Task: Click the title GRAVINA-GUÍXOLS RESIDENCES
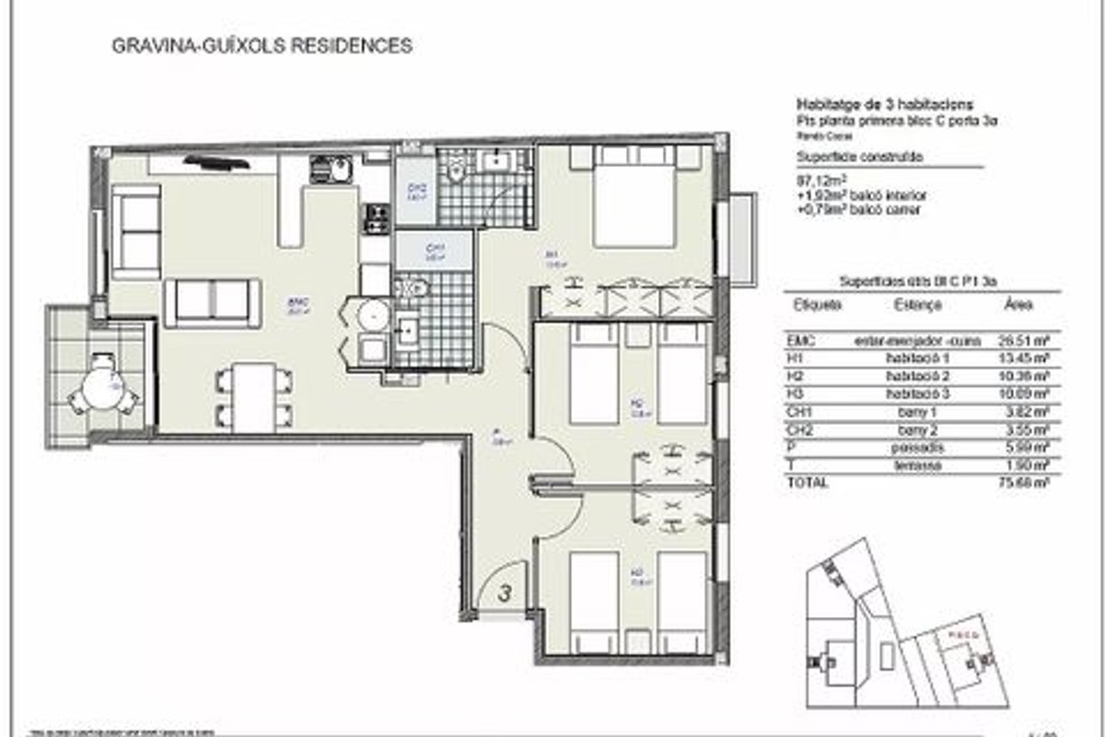(x=261, y=45)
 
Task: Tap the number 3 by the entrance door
(x=504, y=594)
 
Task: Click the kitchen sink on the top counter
(x=329, y=170)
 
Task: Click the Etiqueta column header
(x=817, y=304)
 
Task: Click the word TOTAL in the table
(x=808, y=482)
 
